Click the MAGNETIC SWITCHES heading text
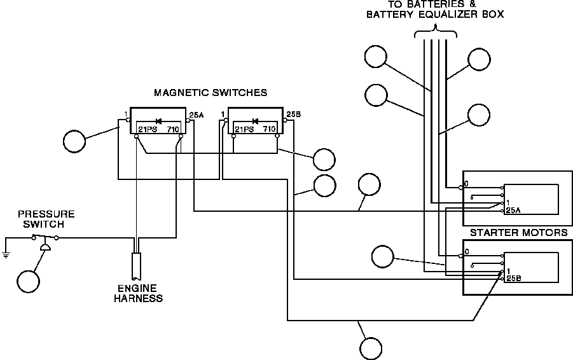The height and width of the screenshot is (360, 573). tap(211, 93)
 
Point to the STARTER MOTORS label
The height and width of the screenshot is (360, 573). tap(518, 233)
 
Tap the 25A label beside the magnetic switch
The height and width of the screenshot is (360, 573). tap(196, 115)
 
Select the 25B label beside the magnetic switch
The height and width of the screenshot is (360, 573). tap(293, 114)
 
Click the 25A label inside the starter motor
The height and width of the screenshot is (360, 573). tap(513, 210)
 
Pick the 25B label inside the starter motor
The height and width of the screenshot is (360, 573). tap(513, 279)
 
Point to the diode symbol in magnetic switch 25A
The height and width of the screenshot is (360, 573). tap(158, 120)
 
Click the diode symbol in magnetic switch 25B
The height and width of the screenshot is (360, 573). tap(255, 120)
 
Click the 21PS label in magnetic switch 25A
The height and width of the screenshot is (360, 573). tap(148, 129)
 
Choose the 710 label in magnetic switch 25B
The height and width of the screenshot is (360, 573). tap(269, 129)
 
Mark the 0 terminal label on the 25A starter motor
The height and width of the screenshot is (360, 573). tap(466, 184)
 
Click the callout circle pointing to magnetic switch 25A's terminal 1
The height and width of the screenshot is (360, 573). tap(74, 141)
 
